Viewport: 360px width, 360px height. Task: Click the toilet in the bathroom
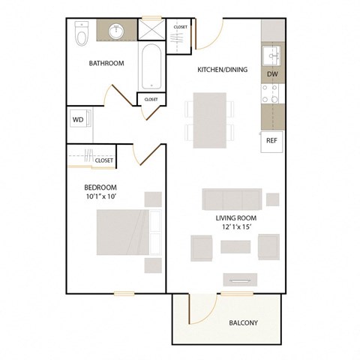coord(82,33)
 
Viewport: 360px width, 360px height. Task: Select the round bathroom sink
coord(117,32)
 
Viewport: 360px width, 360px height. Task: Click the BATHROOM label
coord(106,64)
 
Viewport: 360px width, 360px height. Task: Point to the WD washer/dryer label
coord(77,119)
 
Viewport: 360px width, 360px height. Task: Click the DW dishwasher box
coord(272,75)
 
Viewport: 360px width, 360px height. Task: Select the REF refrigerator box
coord(271,139)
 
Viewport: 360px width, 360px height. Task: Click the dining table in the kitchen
coord(210,120)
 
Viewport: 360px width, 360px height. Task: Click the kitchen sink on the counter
coord(271,55)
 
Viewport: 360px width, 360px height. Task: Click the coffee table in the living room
coord(235,247)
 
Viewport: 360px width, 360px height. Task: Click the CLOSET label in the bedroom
coord(104,160)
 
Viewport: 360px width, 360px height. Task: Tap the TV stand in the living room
coord(241,280)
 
